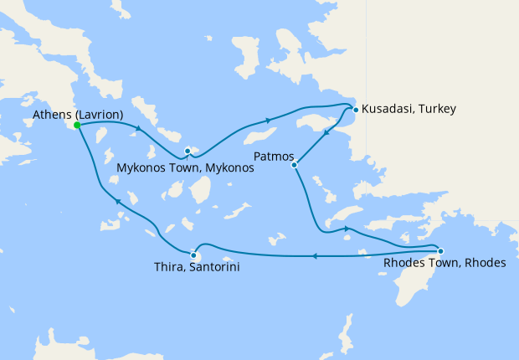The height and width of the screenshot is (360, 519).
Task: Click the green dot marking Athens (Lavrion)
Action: coord(76,125)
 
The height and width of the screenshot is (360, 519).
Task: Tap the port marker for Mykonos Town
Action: coord(188,151)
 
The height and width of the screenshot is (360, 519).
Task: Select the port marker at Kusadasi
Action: coord(356,109)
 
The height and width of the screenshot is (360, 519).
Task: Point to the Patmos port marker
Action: coord(295,165)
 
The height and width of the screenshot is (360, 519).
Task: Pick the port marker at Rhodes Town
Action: coord(440,250)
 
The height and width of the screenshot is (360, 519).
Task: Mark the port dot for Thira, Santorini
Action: coord(193,256)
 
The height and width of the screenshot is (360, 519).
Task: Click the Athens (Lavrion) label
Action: coord(80,114)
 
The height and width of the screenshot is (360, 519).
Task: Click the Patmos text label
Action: coord(271,156)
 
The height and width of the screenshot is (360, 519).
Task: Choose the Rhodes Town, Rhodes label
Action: coord(444,263)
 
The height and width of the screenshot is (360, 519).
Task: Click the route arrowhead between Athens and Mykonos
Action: coord(138,128)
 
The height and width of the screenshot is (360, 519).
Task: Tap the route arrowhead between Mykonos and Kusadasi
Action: coord(268,120)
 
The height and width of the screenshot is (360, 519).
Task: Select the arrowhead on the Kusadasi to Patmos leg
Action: coord(325,133)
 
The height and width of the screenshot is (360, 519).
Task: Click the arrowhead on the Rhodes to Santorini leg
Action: coord(314,256)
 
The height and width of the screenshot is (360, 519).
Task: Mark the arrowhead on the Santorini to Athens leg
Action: coord(118,202)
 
